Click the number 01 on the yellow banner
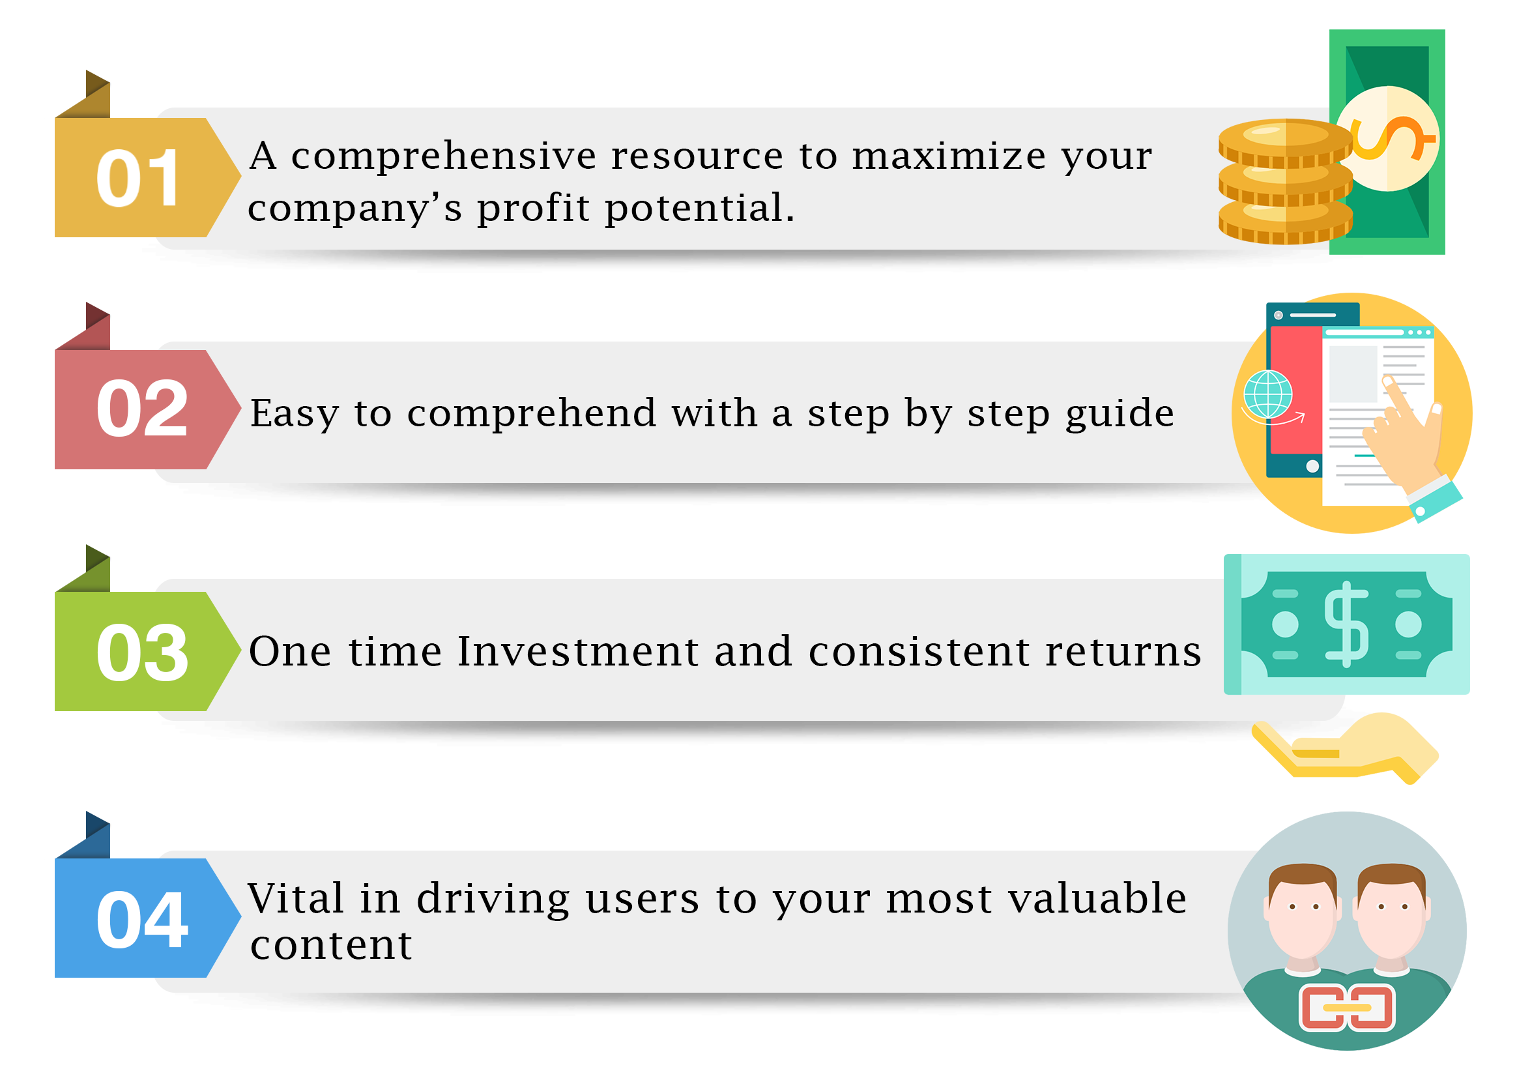139,177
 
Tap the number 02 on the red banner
142,408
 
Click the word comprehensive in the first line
444,158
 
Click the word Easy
295,414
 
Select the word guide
1120,414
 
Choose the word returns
1123,652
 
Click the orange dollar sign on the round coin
1392,138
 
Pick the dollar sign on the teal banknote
1346,624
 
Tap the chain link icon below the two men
1347,1007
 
